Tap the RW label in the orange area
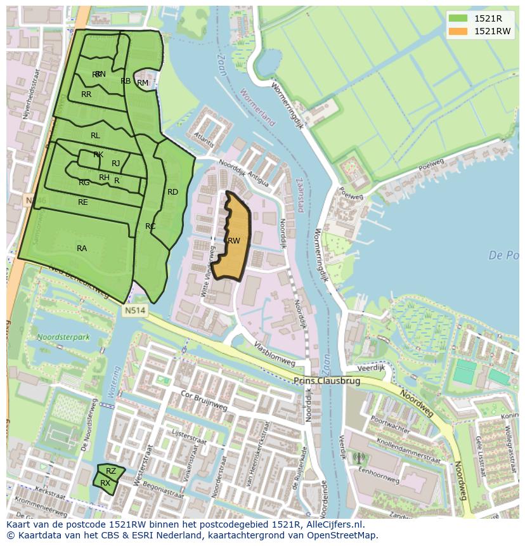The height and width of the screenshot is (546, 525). (234, 240)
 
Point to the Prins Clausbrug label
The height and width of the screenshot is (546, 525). (327, 381)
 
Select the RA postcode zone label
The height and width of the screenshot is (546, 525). (82, 249)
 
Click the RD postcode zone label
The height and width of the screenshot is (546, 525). (172, 192)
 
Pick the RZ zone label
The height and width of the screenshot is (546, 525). (111, 471)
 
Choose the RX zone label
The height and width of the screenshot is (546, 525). (105, 483)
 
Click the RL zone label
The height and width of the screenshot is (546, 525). (95, 136)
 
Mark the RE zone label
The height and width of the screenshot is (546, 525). (83, 202)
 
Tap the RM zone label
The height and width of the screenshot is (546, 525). (143, 83)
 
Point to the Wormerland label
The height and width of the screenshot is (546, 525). (259, 108)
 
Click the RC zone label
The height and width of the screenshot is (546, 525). (150, 226)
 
